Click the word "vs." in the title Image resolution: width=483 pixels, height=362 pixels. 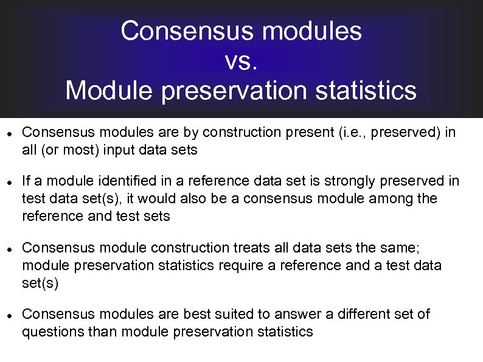click(x=241, y=61)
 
